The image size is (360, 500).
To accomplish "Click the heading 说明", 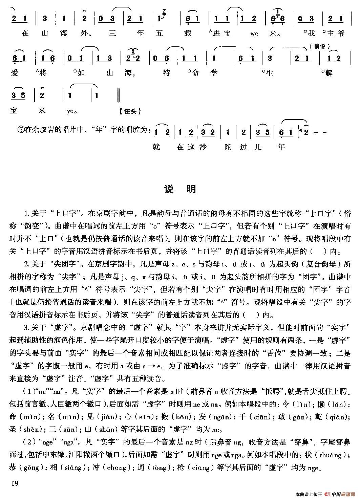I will [x=179, y=189].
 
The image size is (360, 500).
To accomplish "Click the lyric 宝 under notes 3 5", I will [x=16, y=110].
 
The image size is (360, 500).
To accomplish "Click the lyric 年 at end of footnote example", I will [x=281, y=147].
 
